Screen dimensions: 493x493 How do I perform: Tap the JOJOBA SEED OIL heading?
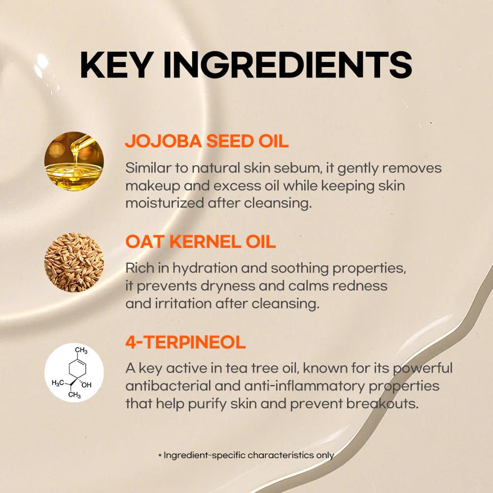(x=207, y=141)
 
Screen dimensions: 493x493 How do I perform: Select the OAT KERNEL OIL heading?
(x=201, y=242)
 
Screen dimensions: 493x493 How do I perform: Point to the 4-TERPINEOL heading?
(x=185, y=342)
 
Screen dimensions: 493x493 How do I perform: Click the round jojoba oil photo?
(x=74, y=161)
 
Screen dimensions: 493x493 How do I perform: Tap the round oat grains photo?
(x=74, y=263)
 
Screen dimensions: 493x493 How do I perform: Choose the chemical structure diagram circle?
(x=74, y=372)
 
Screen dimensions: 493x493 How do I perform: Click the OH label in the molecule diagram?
(x=86, y=385)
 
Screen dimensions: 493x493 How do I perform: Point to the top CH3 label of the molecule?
(x=81, y=350)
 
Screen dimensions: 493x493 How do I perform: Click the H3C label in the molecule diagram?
(x=58, y=383)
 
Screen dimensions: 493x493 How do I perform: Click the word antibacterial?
(x=168, y=386)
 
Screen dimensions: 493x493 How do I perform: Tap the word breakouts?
(x=383, y=404)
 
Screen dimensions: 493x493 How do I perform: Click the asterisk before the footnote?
(x=160, y=455)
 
